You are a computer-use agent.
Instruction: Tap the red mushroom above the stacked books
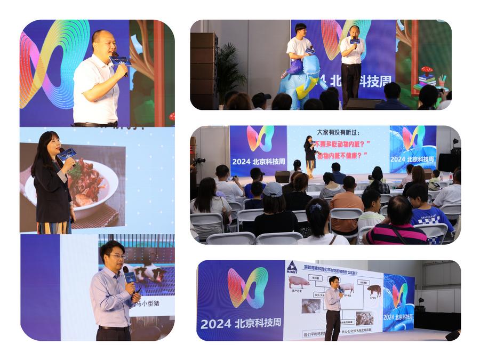427,70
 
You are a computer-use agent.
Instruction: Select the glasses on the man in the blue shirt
116,257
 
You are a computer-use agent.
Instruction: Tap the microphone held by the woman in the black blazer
67,154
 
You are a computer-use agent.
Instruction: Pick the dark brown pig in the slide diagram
374,290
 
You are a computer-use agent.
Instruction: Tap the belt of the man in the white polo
96,124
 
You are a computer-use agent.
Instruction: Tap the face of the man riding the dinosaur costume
300,30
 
